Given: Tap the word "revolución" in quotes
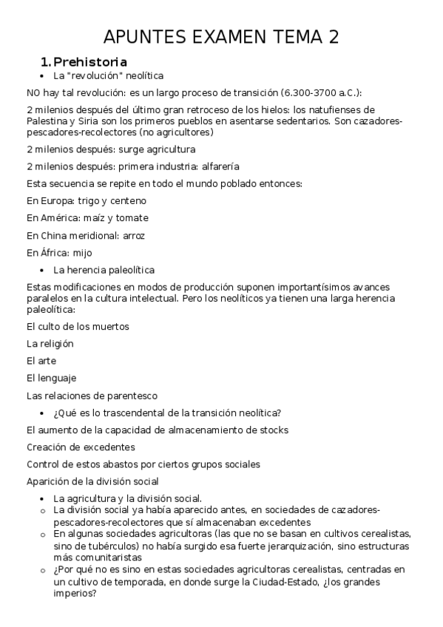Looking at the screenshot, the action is tap(95, 76).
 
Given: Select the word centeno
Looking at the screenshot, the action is tap(128, 200).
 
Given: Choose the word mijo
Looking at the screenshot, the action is tap(83, 253).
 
